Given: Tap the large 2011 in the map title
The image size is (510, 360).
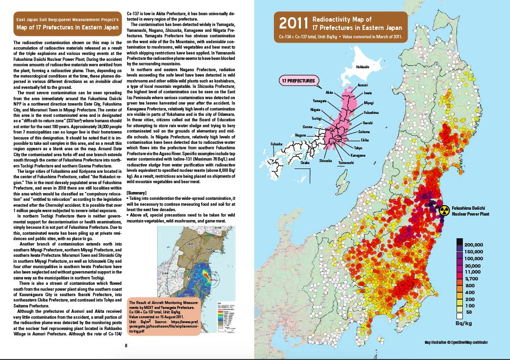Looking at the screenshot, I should click(293, 23).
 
